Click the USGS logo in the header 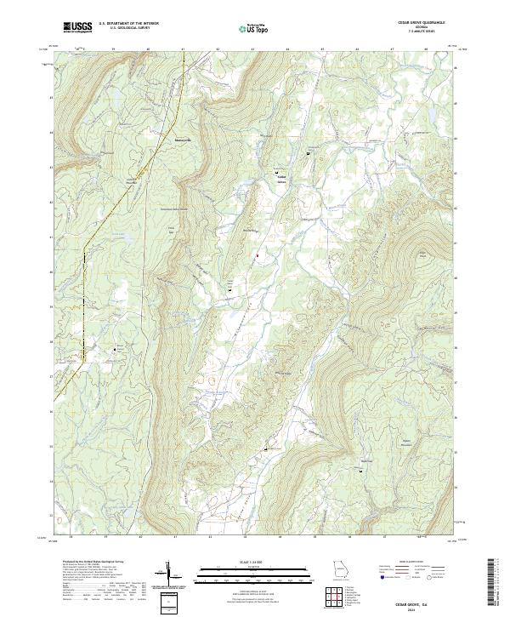click(x=78, y=28)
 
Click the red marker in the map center click(x=256, y=254)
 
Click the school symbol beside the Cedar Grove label click(x=277, y=173)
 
